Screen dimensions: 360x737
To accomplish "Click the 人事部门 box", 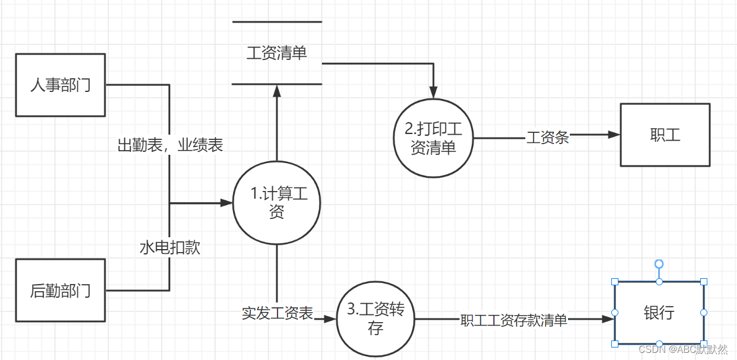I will [60, 85].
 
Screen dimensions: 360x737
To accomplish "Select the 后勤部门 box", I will [60, 291].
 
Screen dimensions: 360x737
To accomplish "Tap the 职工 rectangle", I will [665, 135].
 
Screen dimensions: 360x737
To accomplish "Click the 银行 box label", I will [659, 312].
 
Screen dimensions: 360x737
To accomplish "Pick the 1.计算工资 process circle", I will [276, 202].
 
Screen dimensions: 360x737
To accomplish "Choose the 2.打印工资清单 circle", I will [433, 138].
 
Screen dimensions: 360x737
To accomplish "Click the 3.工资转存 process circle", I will [375, 319].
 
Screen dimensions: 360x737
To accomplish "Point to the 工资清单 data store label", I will [276, 53].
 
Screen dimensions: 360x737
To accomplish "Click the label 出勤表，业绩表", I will [170, 145].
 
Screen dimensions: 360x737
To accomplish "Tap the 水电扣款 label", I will [170, 247].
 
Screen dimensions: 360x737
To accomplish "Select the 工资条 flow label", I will [548, 138].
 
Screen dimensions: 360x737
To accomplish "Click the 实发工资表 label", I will [277, 313].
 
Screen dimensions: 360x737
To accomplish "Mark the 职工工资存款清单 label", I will [513, 320].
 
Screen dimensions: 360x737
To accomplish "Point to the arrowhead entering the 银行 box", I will [608, 319].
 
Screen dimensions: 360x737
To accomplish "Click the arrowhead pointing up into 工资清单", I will [276, 90].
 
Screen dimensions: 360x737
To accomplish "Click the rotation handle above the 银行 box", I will [659, 263].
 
